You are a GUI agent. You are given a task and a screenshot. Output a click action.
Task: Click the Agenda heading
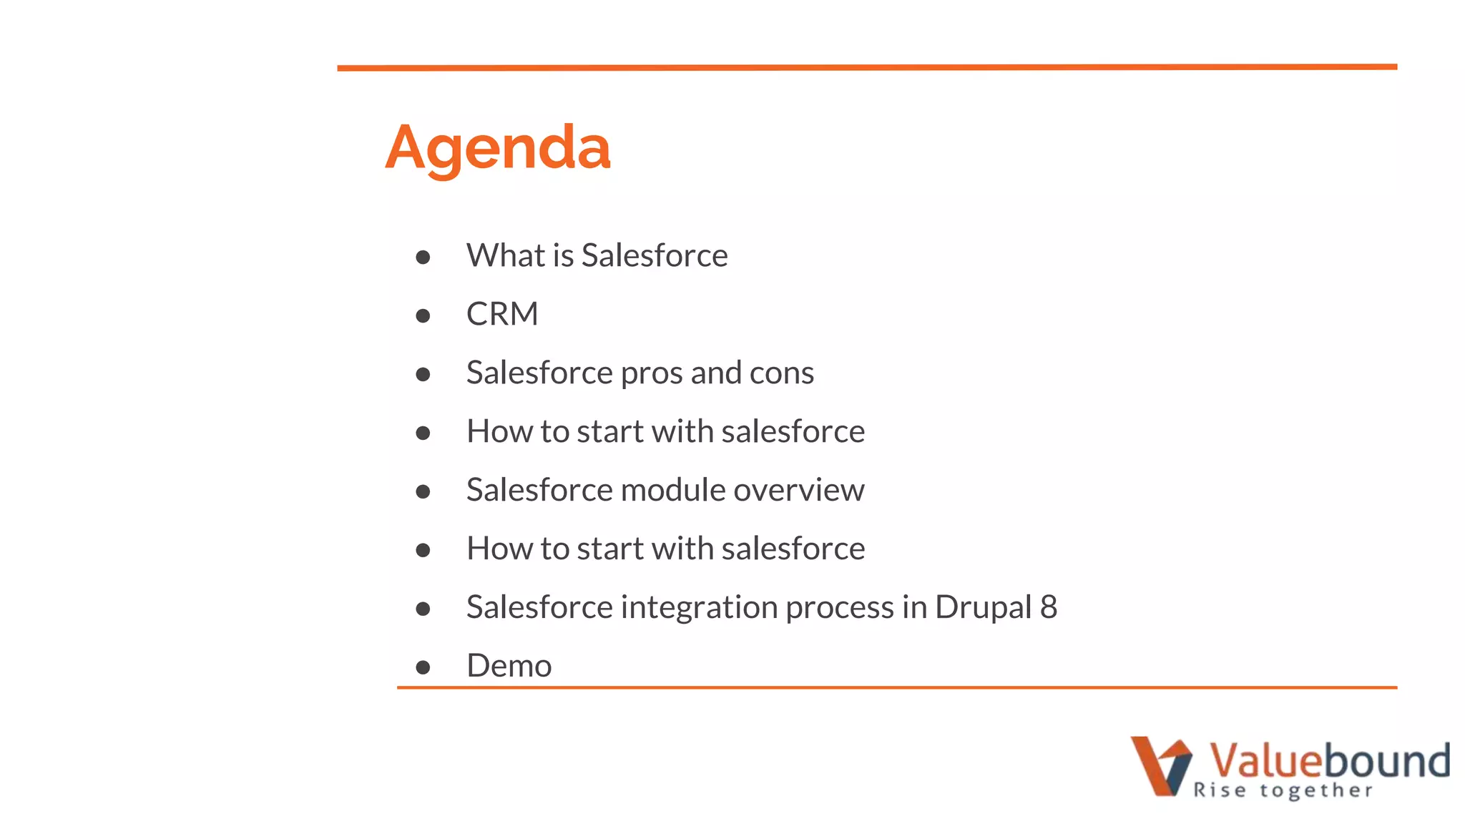coord(498,148)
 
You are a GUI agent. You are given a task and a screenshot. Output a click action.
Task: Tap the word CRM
coord(502,314)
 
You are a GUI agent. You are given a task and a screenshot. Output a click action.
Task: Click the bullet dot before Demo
coord(423,667)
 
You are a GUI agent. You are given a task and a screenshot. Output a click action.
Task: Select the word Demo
coord(509,666)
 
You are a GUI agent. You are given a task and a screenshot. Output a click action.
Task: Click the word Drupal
coord(983,607)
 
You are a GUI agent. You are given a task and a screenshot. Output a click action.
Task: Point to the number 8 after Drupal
coord(1049,607)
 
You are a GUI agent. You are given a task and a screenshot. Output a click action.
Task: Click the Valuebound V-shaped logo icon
coord(1160,765)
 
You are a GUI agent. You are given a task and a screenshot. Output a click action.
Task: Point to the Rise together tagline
coord(1283,790)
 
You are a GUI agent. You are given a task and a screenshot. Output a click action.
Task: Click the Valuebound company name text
coord(1329,760)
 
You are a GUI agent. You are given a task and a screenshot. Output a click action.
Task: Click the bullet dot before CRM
coord(423,315)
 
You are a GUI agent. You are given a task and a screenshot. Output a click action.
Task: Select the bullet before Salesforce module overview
coord(423,491)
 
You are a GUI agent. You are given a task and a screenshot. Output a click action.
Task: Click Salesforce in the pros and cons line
coord(539,373)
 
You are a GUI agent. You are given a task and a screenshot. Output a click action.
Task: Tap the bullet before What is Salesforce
coord(423,257)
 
